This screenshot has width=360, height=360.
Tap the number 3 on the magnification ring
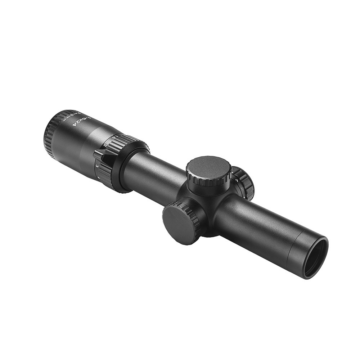pyautogui.click(x=97, y=166)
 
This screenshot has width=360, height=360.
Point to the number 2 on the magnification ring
pyautogui.click(x=105, y=145)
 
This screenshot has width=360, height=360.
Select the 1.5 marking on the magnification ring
pyautogui.click(x=114, y=137)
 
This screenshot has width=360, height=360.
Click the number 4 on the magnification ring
pyautogui.click(x=99, y=178)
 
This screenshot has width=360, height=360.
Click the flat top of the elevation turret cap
pyautogui.click(x=208, y=169)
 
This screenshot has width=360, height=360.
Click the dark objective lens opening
pyautogui.click(x=315, y=257)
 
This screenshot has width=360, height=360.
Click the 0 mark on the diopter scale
pyautogui.click(x=72, y=115)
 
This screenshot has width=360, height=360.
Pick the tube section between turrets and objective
pyautogui.click(x=259, y=223)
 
